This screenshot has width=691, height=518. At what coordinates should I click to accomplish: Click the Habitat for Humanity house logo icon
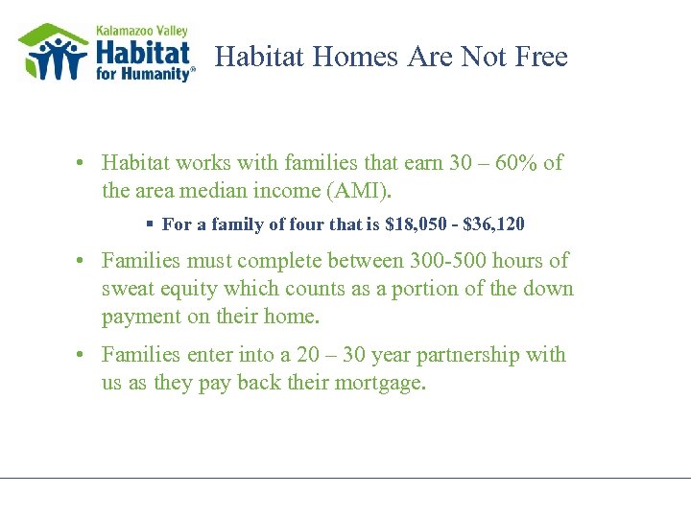54,52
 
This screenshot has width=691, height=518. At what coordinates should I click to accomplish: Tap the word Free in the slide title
541,58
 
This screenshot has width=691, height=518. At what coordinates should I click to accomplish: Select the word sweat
130,289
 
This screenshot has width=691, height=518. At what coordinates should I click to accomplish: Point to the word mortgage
381,384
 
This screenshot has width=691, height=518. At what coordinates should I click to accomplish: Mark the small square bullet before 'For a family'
151,224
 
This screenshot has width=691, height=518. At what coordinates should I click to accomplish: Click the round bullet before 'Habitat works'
83,163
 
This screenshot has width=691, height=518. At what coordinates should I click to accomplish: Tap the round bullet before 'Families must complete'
83,261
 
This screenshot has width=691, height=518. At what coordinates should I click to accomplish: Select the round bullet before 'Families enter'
83,355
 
